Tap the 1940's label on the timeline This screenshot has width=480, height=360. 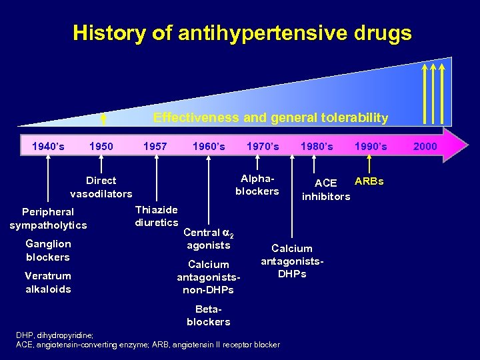click(x=49, y=146)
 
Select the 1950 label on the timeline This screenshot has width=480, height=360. click(x=101, y=146)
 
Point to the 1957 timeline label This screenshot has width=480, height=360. click(x=155, y=146)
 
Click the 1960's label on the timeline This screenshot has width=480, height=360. click(x=209, y=146)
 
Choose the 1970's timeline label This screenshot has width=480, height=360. click(x=263, y=146)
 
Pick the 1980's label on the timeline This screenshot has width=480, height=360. click(x=317, y=146)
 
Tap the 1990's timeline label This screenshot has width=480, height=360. click(x=371, y=146)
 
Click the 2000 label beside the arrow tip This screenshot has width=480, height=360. click(x=425, y=146)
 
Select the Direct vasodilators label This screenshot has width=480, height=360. click(x=101, y=187)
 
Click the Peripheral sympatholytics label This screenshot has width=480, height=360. click(x=48, y=219)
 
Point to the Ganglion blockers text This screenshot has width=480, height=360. click(x=48, y=250)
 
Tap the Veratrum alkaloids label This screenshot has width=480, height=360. click(x=48, y=282)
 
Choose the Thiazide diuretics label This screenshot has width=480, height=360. click(x=157, y=216)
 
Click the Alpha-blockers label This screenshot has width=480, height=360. click(x=257, y=185)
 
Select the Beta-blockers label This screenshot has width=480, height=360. click(x=209, y=315)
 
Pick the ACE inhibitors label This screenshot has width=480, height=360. click(x=326, y=189)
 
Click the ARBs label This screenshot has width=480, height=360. click(x=369, y=181)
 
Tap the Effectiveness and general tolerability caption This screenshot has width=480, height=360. click(x=271, y=117)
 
